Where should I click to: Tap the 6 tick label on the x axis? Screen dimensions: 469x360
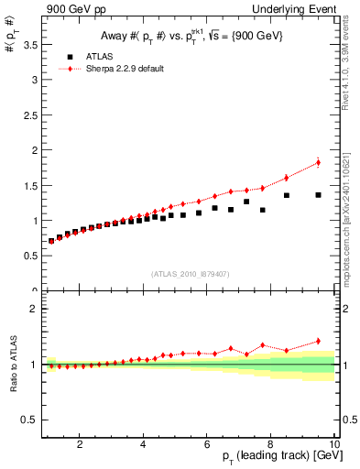point(207,445)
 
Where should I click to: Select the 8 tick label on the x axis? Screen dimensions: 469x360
point(271,445)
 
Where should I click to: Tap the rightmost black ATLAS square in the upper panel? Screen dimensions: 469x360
point(318,195)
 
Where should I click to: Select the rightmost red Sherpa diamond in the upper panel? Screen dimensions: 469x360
point(318,162)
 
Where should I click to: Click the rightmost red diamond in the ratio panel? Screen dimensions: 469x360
point(318,341)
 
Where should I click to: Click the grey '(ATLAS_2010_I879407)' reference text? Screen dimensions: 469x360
point(190,272)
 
